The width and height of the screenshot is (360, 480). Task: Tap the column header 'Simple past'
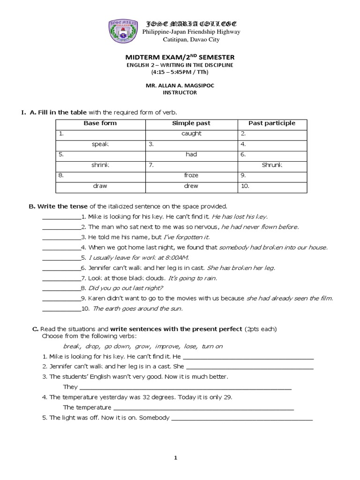191,123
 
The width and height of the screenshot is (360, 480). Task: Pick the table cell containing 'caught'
191,134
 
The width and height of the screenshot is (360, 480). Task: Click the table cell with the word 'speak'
100,144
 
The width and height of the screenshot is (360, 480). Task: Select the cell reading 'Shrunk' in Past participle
272,165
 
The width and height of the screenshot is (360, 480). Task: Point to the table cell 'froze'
191,175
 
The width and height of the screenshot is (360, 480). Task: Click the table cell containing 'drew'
191,186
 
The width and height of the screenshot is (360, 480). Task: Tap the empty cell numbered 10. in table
272,186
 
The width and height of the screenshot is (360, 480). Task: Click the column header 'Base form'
100,123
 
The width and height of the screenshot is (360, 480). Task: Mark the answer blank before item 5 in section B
61,258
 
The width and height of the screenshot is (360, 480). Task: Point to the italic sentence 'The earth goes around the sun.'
138,308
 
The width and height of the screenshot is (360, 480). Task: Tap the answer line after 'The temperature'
204,408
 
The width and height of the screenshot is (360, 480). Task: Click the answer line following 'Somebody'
242,418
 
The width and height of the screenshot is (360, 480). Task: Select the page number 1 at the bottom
175,458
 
